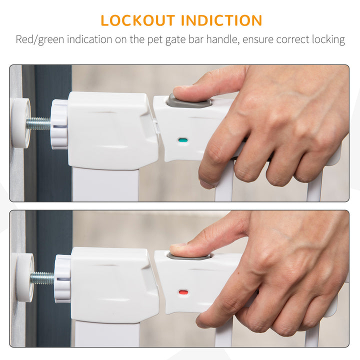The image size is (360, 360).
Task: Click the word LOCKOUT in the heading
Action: point(138,20)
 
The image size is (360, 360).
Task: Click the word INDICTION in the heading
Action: point(221,20)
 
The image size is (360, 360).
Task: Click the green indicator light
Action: point(183,140)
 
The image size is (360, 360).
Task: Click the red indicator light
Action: point(183,292)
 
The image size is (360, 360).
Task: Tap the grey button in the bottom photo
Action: point(189,256)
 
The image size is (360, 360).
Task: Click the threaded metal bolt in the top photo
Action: point(38,123)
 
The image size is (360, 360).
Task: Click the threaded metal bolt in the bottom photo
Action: point(42,278)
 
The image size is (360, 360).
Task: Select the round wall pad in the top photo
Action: point(21,123)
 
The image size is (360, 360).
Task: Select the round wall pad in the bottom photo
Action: point(25,277)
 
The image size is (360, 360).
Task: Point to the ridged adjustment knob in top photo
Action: point(59,124)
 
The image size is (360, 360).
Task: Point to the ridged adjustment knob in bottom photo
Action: point(62,278)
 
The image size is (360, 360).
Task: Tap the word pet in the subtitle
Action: point(155,39)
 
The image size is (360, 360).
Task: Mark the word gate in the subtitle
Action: point(175,40)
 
